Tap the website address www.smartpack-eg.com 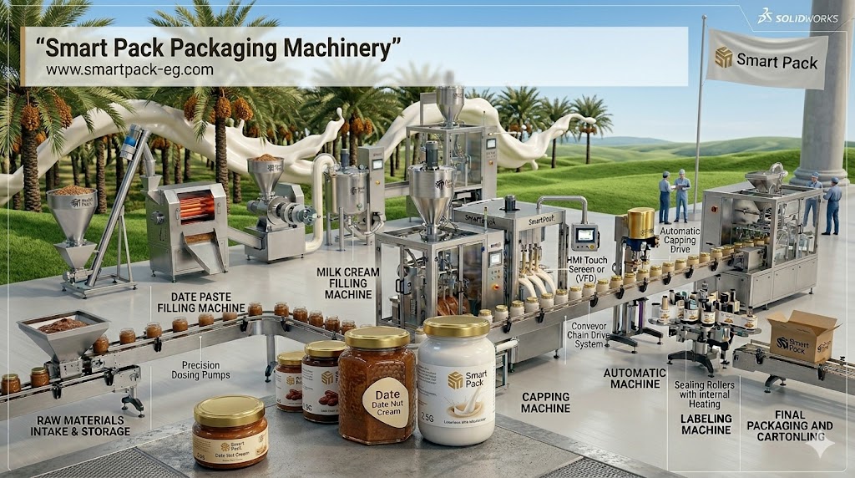(129, 70)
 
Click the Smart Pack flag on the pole (766, 58)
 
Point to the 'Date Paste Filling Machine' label (201, 302)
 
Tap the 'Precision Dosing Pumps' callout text (205, 370)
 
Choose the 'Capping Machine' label (545, 403)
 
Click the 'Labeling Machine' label (706, 424)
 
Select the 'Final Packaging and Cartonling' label (789, 425)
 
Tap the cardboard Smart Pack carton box (802, 336)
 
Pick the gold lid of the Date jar (377, 337)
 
